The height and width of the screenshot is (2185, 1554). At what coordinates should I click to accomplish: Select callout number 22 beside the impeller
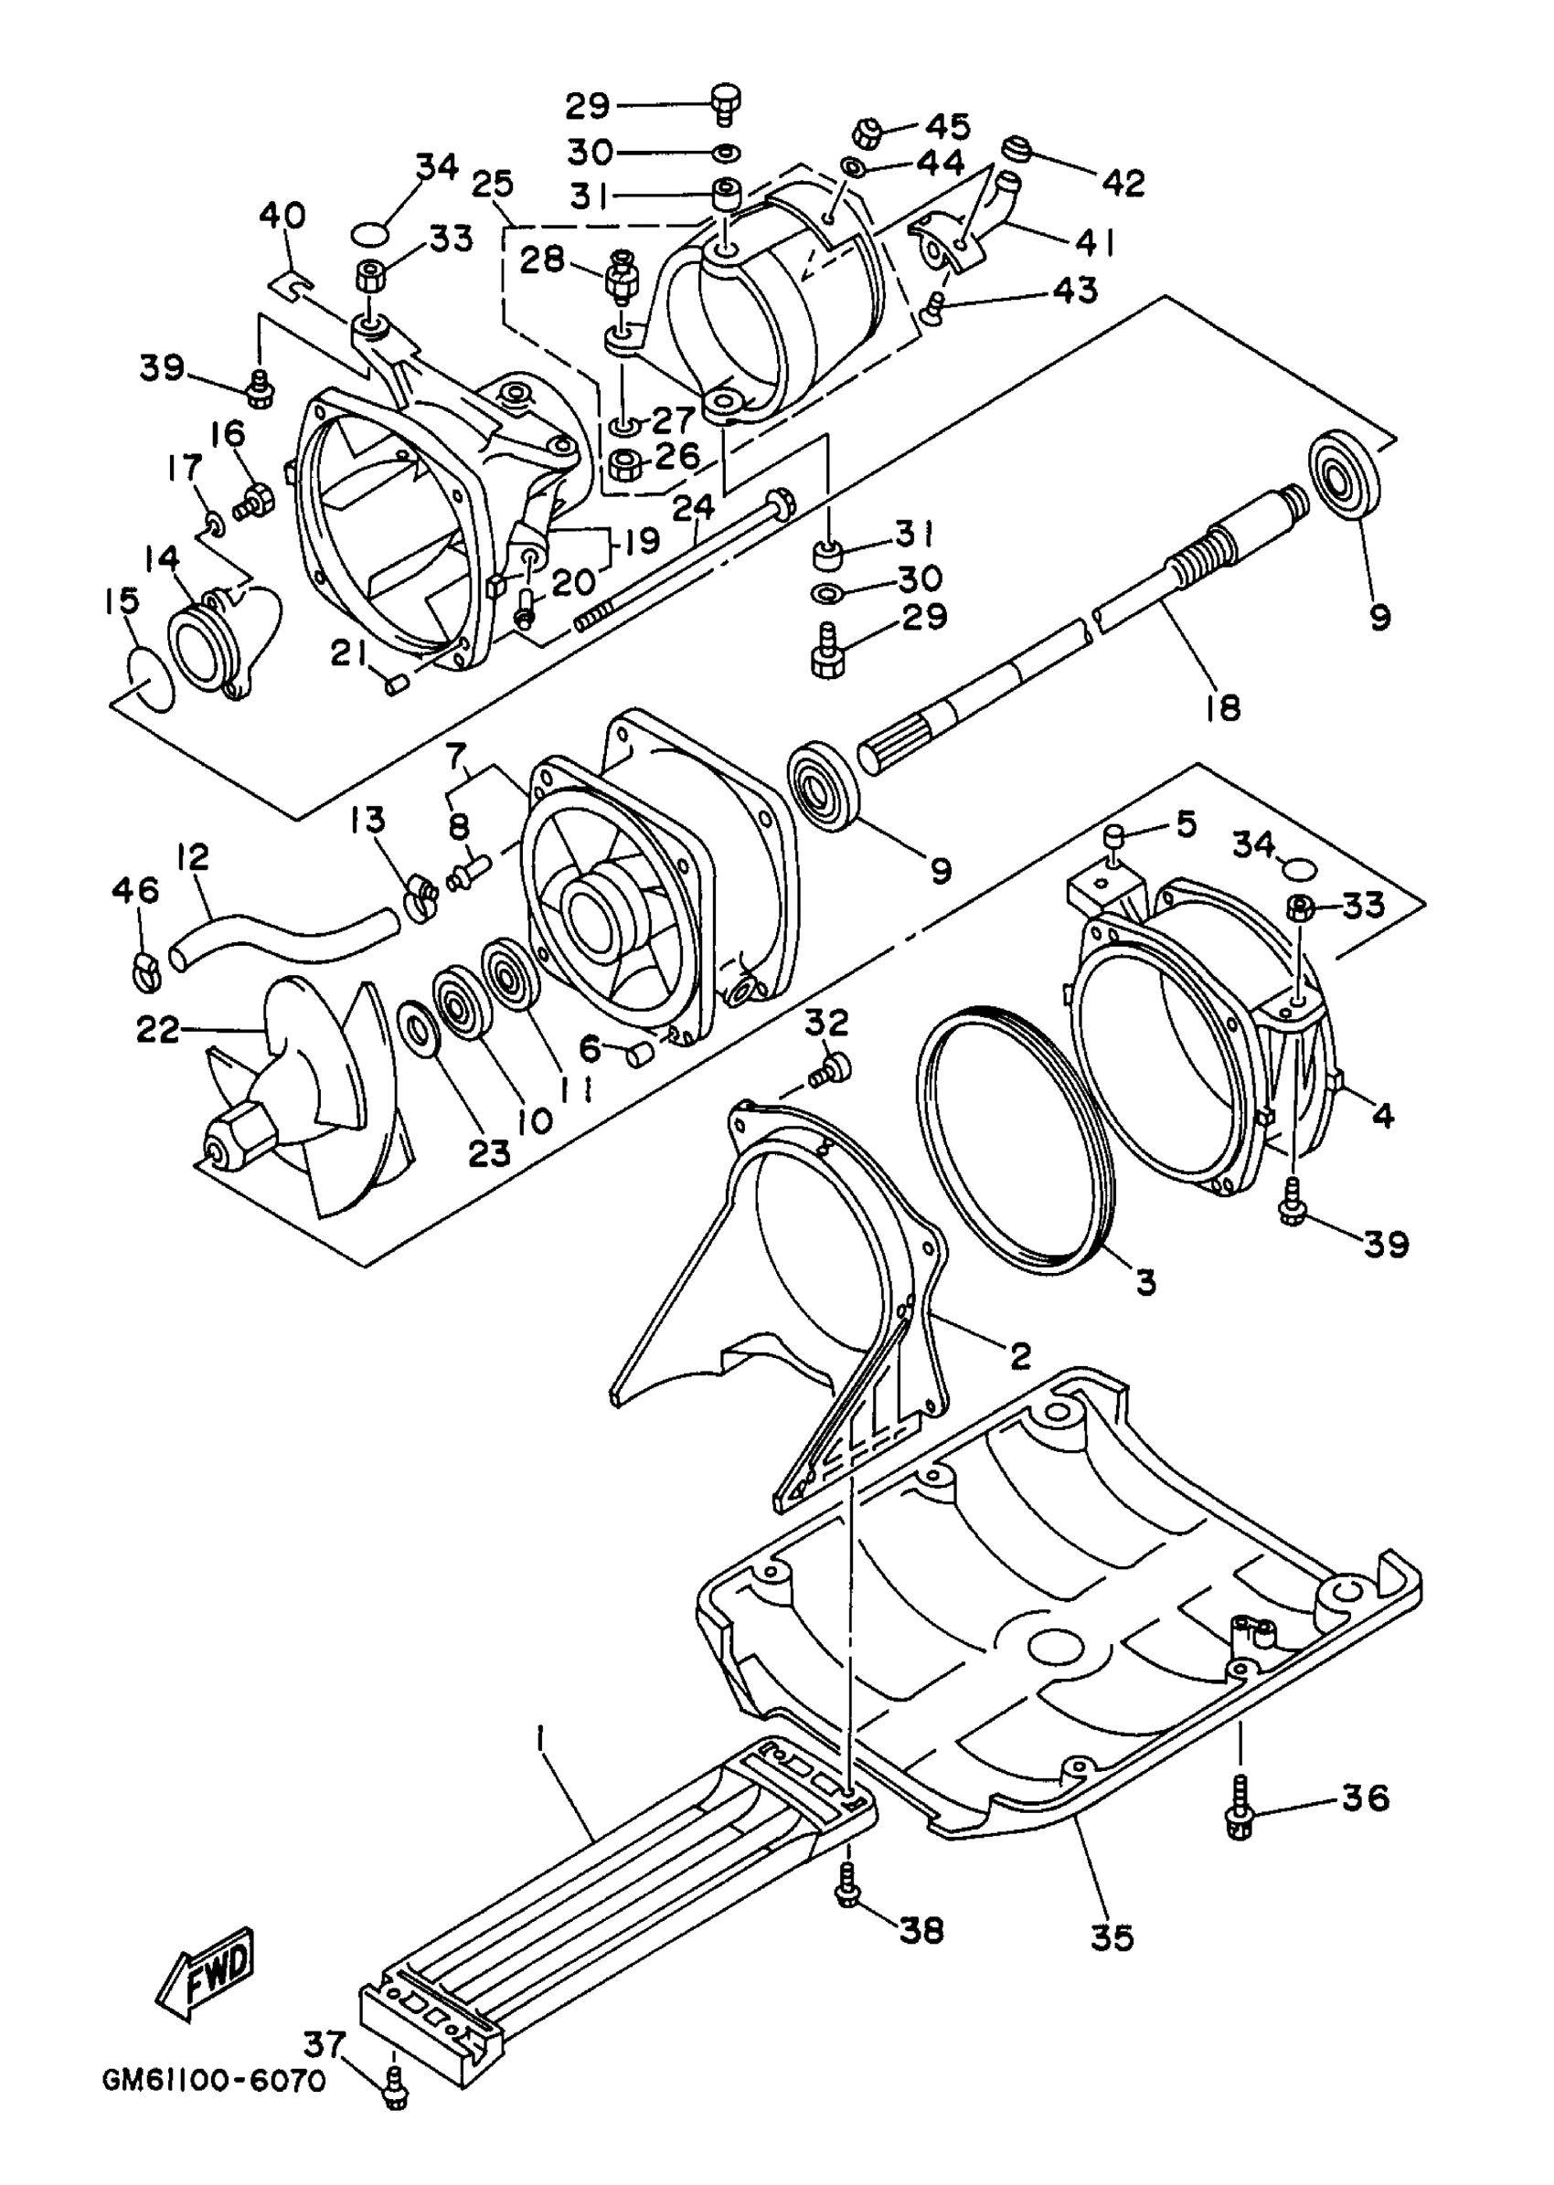tap(157, 1030)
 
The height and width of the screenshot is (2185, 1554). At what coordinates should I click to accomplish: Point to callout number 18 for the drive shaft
tap(1224, 707)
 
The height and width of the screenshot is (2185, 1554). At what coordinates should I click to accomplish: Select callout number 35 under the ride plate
tap(1111, 1937)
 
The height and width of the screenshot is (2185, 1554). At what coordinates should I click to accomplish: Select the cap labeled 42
tap(1016, 150)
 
